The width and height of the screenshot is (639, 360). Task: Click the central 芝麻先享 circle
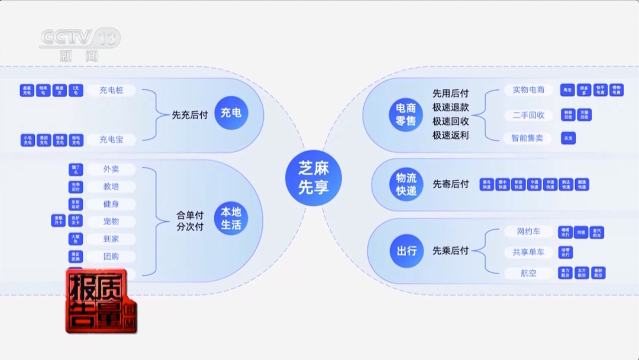point(314,179)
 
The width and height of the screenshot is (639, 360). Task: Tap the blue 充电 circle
point(231,112)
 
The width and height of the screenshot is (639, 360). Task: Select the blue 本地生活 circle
point(231,220)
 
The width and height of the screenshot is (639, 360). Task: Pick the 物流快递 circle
point(406,184)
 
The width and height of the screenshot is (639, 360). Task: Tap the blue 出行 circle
point(406,251)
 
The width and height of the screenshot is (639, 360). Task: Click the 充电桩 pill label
point(111,91)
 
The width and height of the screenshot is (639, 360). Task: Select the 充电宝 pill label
point(111,140)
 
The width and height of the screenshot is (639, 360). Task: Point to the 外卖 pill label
point(111,169)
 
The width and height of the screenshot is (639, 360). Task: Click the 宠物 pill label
point(111,221)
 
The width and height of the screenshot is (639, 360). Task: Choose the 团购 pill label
point(111,256)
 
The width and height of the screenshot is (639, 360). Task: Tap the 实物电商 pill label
point(528,90)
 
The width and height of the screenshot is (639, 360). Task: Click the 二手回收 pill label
point(528,115)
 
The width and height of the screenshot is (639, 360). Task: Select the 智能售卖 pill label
point(528,138)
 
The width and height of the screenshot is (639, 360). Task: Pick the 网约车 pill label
point(528,232)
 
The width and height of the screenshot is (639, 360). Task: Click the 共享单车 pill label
point(528,252)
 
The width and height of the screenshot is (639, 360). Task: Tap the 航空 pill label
point(528,273)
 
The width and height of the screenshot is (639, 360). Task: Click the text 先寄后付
point(450,184)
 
